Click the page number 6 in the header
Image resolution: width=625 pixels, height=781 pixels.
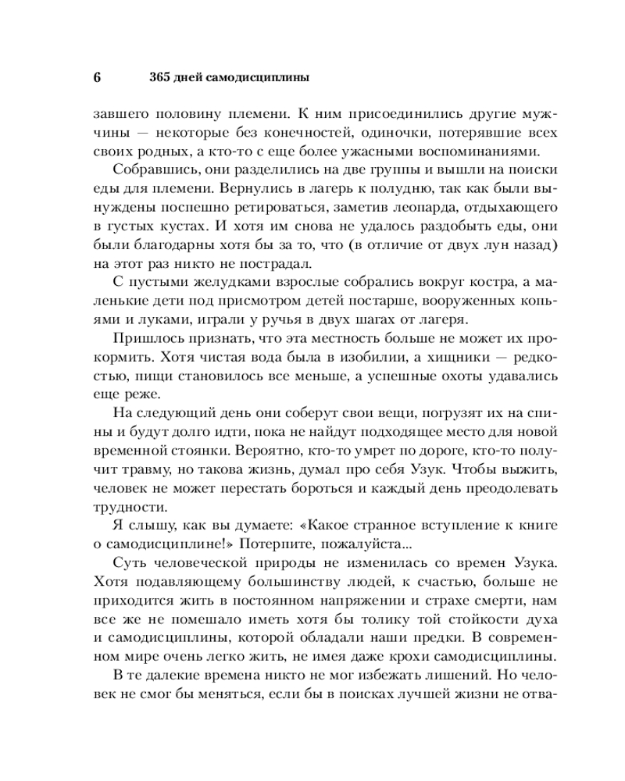(x=98, y=78)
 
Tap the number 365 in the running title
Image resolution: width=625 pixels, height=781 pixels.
(x=159, y=78)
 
